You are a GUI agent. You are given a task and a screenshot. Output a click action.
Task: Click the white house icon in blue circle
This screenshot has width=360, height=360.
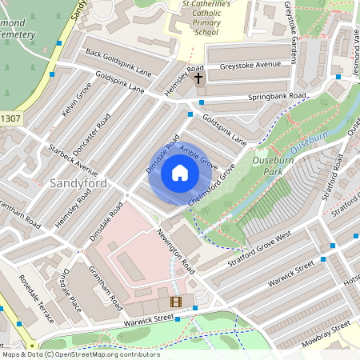(x=180, y=173)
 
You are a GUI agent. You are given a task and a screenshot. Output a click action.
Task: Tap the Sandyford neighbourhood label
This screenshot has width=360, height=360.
(x=78, y=183)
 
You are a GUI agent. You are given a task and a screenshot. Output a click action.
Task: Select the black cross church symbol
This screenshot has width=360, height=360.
(x=198, y=78)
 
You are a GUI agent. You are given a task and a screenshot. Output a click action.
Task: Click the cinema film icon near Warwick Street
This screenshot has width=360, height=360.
(x=176, y=302)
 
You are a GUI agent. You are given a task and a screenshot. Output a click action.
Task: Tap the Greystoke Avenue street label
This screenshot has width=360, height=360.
(x=250, y=65)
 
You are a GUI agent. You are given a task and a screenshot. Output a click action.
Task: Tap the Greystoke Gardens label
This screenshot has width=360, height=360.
(x=298, y=25)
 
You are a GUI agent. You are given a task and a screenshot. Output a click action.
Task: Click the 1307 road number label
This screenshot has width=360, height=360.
(x=10, y=119)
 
